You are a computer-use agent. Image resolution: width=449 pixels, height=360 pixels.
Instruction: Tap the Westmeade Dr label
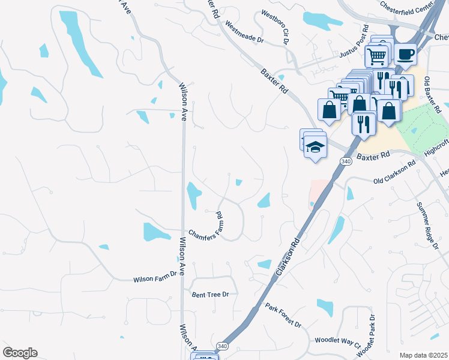(x=244, y=32)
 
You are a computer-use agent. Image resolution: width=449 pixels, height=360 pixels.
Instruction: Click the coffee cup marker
(x=405, y=54)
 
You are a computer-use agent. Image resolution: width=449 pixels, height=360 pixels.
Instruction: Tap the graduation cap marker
(x=316, y=146)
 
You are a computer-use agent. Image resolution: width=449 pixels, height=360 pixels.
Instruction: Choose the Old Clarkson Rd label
(x=394, y=173)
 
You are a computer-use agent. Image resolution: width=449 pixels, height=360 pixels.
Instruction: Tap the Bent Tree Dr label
(x=210, y=295)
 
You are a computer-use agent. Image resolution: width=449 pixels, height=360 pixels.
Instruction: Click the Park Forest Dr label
(x=283, y=314)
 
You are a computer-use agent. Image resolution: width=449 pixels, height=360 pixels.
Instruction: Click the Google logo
(x=20, y=353)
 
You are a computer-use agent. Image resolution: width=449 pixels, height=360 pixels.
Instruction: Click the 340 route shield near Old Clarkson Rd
(x=345, y=161)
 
